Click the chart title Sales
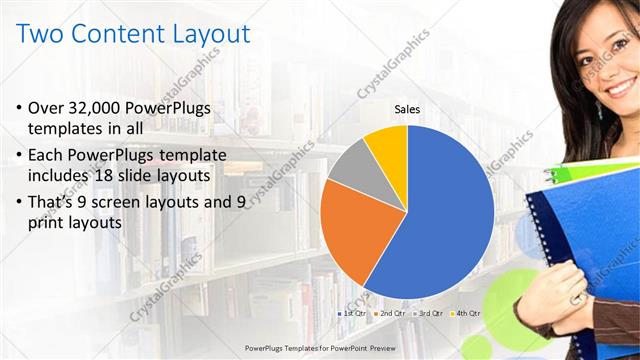click(407, 109)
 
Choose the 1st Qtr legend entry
click(351, 313)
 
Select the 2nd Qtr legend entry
click(389, 313)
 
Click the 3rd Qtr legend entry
click(428, 313)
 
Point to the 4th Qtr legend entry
click(466, 313)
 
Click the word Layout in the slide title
click(205, 34)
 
